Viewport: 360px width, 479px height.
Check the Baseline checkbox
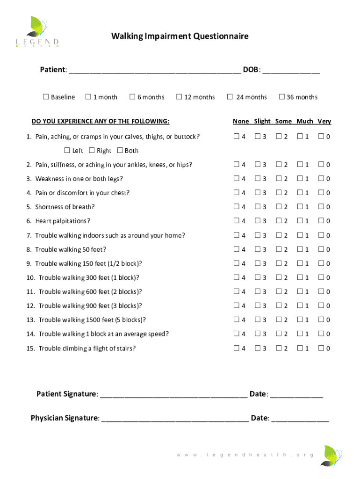46,97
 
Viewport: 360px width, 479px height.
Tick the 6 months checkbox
132,97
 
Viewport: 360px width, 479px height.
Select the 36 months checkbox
281,97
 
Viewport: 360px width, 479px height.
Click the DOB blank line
291,71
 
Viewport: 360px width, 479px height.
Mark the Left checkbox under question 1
67,150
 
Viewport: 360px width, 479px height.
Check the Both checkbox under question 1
120,150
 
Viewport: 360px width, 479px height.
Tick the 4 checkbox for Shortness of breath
237,207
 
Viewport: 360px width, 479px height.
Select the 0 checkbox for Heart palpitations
321,221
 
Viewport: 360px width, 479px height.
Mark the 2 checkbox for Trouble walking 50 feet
279,249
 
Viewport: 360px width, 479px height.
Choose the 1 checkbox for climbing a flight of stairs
300,348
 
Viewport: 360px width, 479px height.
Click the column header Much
304,121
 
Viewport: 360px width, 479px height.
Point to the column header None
241,121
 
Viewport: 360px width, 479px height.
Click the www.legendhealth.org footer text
245,455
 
